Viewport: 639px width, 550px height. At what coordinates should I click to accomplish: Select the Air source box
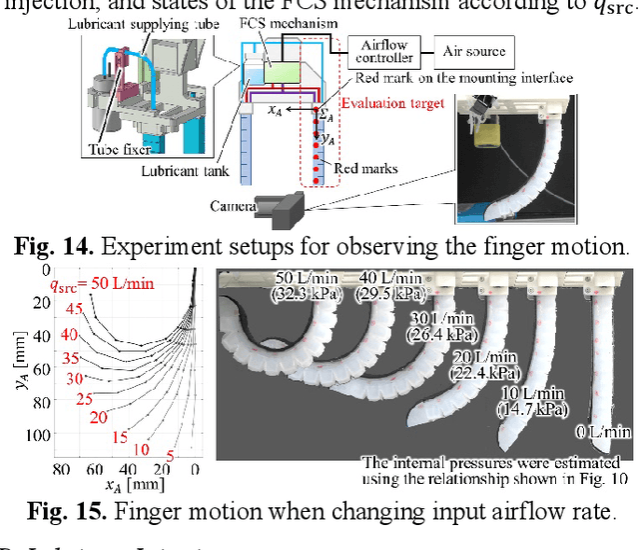tap(473, 49)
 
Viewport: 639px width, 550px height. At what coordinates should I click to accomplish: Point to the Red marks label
tap(366, 171)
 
